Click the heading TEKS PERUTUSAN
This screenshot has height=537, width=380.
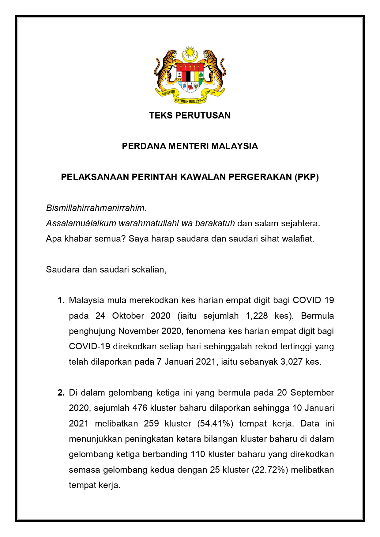click(190, 115)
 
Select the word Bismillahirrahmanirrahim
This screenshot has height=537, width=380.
click(96, 208)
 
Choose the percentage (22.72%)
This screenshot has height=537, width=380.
click(270, 470)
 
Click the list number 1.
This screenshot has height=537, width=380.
click(61, 300)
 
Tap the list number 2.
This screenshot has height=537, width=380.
click(61, 392)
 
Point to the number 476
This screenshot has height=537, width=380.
click(140, 408)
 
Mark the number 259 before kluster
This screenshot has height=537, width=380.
click(151, 423)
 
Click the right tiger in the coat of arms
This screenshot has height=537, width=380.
click(214, 69)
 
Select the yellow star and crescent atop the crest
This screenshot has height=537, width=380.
click(190, 54)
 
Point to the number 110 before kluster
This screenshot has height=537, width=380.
click(198, 454)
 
